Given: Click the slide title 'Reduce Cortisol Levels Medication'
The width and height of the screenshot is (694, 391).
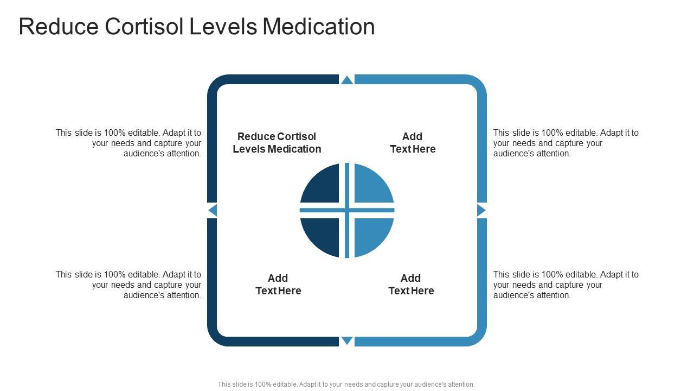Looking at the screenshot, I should point(196,27).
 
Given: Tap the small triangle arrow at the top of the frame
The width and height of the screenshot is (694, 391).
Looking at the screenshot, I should point(347,80).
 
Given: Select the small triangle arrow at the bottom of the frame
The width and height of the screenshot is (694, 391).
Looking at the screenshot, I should point(347,340).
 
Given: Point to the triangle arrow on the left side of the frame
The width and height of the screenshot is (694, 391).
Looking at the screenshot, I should point(213,210).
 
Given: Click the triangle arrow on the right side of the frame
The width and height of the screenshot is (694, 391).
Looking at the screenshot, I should point(480,210).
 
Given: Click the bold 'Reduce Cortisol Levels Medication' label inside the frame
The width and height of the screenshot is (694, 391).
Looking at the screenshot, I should point(277,143).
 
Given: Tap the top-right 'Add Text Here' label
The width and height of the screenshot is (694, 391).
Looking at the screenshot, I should point(413,143).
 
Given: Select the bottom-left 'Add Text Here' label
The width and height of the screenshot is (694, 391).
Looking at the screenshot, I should point(278,285).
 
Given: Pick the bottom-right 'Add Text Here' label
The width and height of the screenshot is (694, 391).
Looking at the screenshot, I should point(411,285).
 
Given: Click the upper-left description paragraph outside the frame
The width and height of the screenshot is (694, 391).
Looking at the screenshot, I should point(128,143).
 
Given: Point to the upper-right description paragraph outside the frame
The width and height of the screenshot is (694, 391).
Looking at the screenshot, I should point(566,143).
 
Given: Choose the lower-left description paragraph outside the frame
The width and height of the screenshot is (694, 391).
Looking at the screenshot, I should point(128,285).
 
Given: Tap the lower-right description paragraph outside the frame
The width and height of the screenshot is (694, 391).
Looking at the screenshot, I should point(566,285).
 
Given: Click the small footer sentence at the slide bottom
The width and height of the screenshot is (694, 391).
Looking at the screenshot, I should point(346,384).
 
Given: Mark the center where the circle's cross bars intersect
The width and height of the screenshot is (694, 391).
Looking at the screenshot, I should point(347,210).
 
